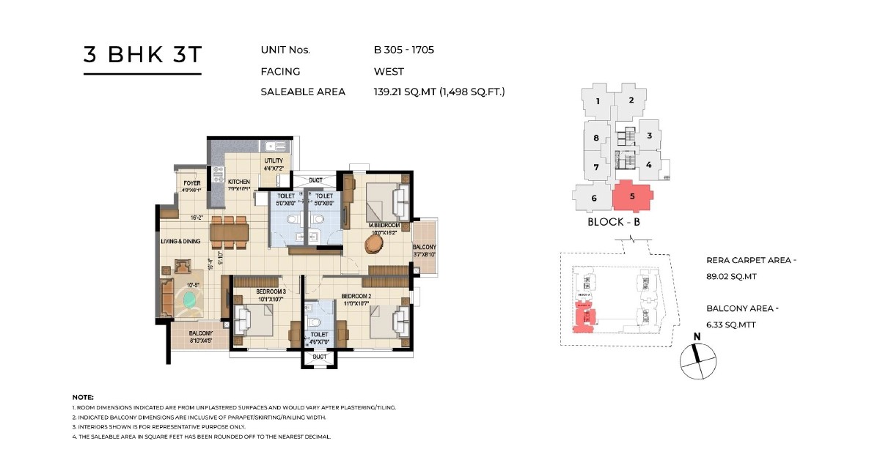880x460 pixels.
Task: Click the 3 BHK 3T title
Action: click(x=142, y=56)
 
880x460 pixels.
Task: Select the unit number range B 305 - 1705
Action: click(x=404, y=51)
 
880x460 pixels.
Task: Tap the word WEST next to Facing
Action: click(x=389, y=72)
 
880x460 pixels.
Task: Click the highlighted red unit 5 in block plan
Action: click(x=632, y=196)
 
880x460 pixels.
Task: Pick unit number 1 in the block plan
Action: click(x=598, y=102)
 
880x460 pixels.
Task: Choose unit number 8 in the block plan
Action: click(x=596, y=138)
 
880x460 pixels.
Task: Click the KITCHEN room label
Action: click(x=238, y=182)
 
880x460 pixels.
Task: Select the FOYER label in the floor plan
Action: click(x=192, y=183)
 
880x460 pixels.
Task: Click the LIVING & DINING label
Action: click(x=181, y=240)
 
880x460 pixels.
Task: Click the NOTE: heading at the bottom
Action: click(x=83, y=397)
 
